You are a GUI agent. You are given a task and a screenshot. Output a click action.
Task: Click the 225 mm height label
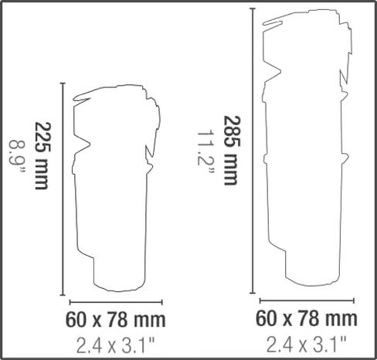(41, 156)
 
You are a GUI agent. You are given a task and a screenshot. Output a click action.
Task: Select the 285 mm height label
(232, 150)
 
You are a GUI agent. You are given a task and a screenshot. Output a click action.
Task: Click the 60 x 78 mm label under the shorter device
(115, 320)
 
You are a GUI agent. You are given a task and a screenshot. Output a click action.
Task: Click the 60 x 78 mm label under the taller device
(307, 318)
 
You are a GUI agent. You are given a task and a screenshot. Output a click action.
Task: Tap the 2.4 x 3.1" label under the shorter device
(115, 345)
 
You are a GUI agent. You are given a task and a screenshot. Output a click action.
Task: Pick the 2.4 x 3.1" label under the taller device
(307, 345)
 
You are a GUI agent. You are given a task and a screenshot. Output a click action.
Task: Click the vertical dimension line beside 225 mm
(63, 189)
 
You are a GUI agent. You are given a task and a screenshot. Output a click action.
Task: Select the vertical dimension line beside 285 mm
(253, 151)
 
